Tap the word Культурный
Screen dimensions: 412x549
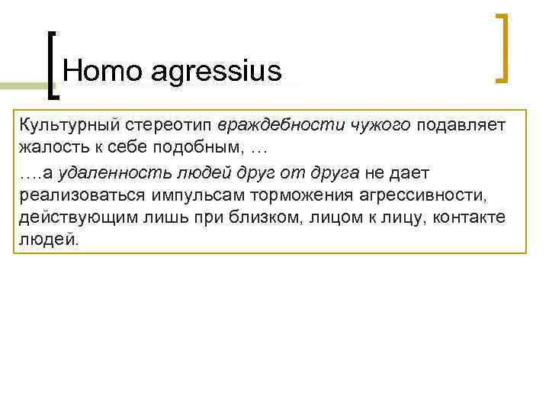click(66, 124)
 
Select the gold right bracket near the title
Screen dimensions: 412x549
click(503, 47)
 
